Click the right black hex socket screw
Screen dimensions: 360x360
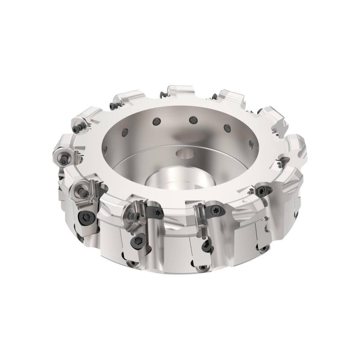click(x=136, y=243)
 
